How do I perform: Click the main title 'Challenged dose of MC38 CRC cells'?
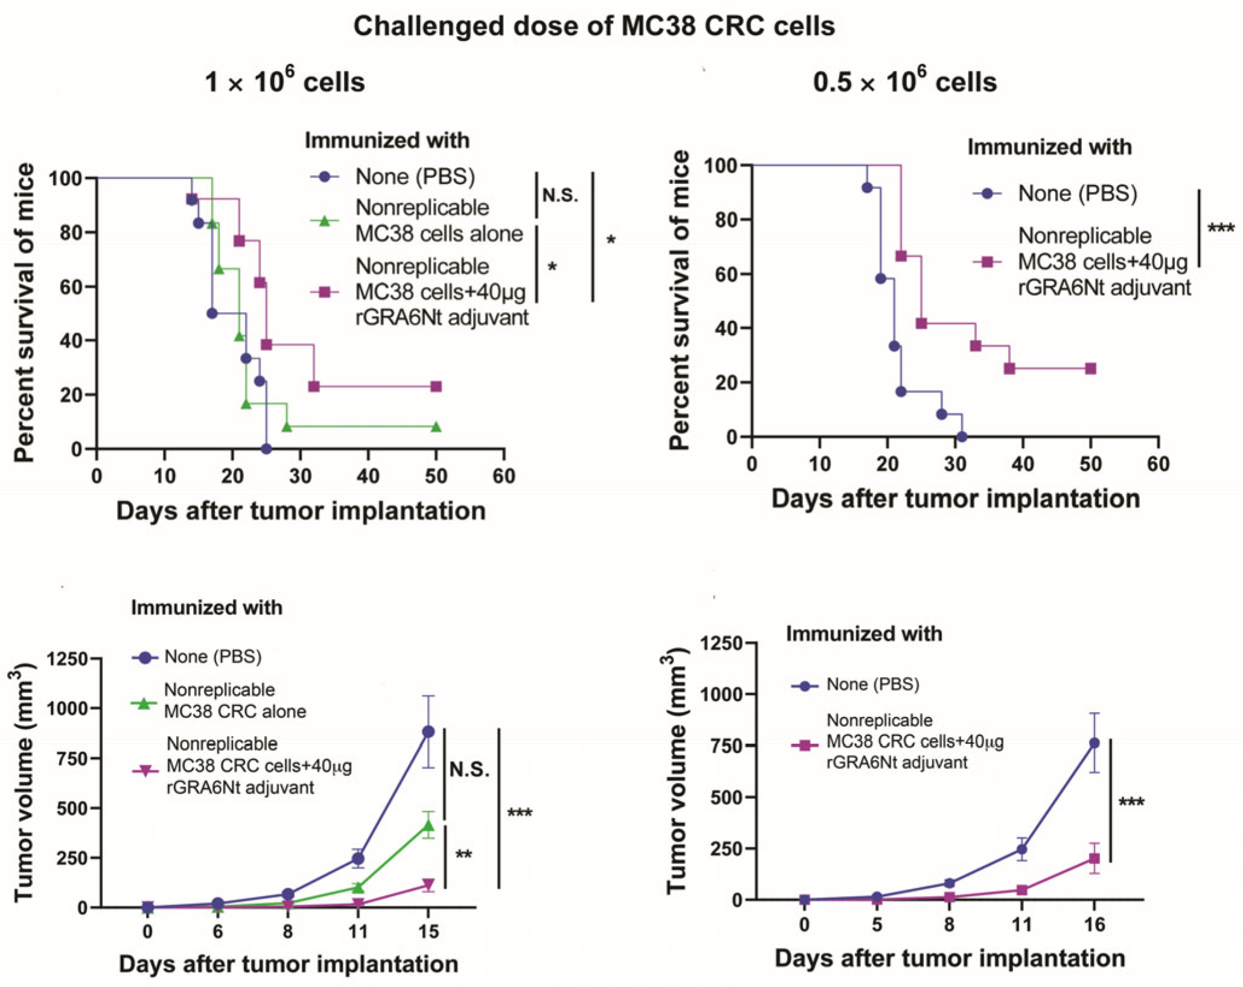[x=594, y=27]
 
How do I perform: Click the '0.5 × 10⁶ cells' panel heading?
[x=904, y=82]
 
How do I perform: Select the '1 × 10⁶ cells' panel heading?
[x=285, y=82]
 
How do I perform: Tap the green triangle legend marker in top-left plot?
[x=325, y=221]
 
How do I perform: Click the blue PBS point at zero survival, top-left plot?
[x=266, y=449]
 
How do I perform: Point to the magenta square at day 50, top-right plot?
[x=1090, y=368]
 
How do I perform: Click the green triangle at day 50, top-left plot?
[x=436, y=427]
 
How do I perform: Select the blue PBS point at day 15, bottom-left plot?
[x=428, y=732]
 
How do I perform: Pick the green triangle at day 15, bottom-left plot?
[x=428, y=825]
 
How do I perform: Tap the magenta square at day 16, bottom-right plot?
[x=1094, y=859]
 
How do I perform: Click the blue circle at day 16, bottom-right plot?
[x=1094, y=743]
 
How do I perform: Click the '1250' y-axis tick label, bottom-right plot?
[x=720, y=643]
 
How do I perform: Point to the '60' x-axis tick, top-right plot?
[x=1158, y=464]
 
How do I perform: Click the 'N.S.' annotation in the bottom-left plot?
[x=469, y=770]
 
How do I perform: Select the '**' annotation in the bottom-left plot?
[x=463, y=855]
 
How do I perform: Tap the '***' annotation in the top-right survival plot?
[x=1220, y=229]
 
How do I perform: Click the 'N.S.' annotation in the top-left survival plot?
[x=560, y=195]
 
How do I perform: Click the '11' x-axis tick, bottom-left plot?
[x=358, y=932]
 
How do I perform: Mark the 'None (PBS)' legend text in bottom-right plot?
[x=873, y=684]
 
